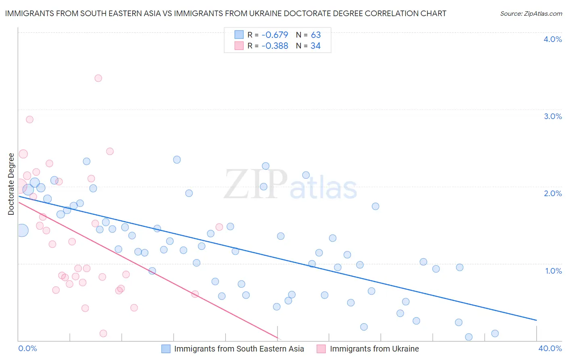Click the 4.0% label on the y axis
point(552,39)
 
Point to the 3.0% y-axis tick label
point(552,116)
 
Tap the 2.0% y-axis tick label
point(552,193)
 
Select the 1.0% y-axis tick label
point(553,271)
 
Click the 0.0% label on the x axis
point(27,348)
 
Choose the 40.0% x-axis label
point(550,348)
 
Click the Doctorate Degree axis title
point(11,184)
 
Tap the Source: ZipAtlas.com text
point(531,13)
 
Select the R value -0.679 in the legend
point(275,35)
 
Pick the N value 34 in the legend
point(315,46)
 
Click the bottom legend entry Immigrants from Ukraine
point(374,349)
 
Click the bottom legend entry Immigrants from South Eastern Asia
point(239,349)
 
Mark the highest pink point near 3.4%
point(98,78)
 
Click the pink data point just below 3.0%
point(29,119)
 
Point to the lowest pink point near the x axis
point(103,333)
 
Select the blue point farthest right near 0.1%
point(495,333)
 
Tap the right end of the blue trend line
point(536,320)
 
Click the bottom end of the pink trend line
point(278,338)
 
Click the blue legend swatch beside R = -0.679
point(239,35)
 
